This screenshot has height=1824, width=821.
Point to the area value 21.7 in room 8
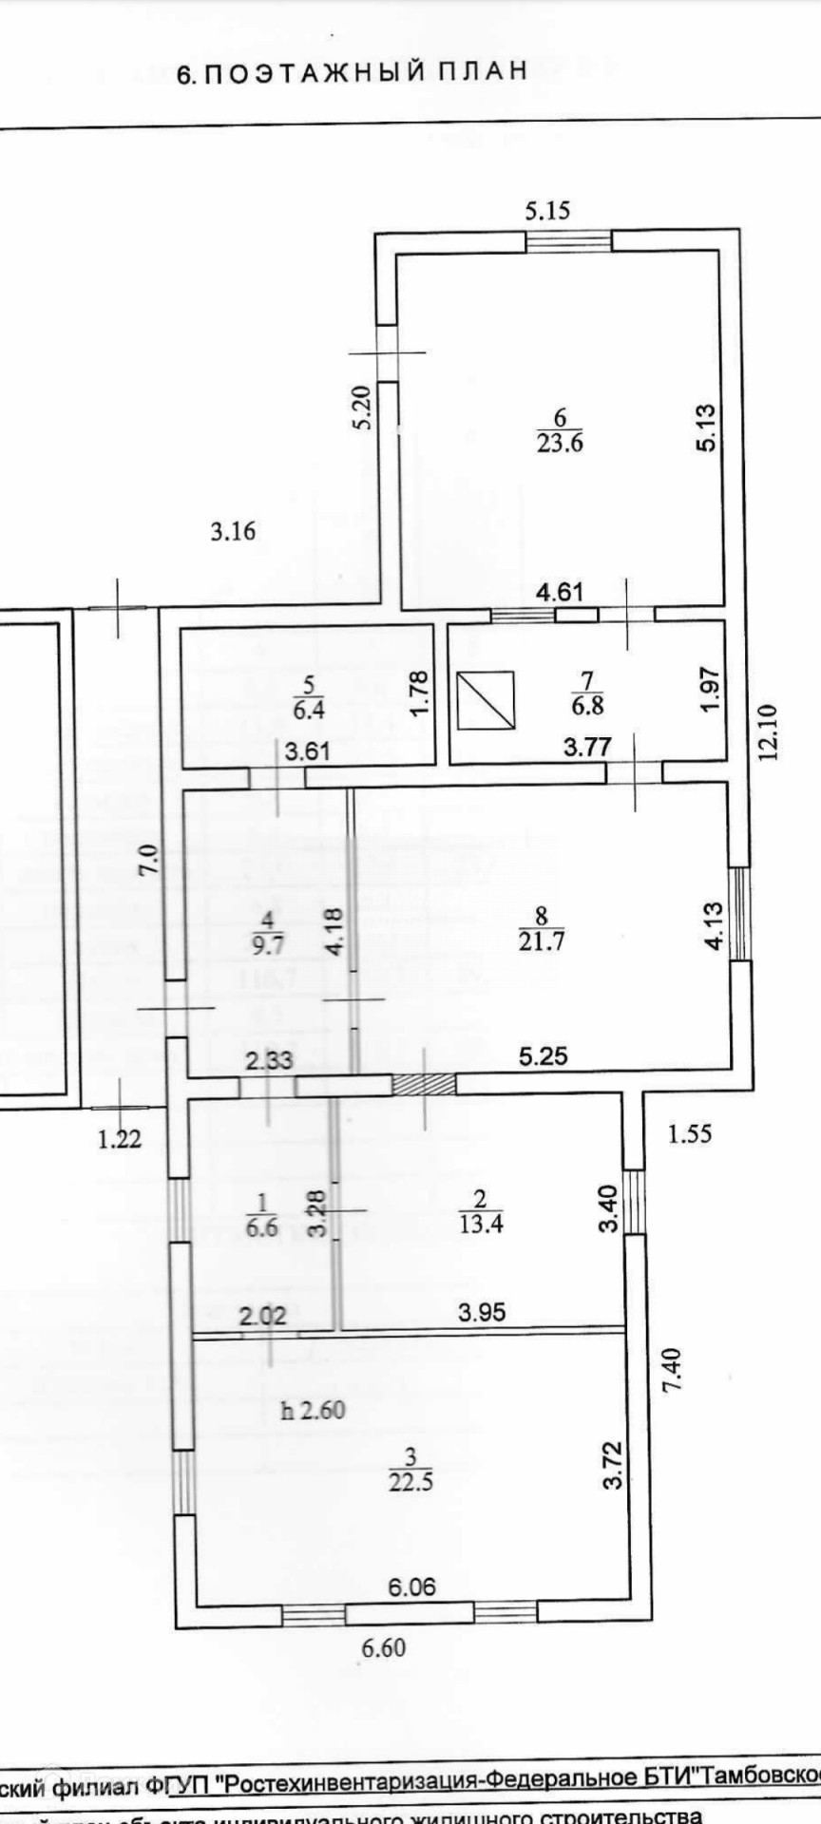click(541, 940)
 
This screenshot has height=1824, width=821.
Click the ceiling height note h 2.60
click(313, 1410)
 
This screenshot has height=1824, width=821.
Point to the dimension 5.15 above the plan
click(548, 210)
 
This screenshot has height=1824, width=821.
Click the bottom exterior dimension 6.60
click(383, 1646)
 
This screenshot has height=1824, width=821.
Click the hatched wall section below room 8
click(424, 1084)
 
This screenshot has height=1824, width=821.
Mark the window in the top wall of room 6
click(569, 240)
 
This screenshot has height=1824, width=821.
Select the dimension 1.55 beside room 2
click(689, 1132)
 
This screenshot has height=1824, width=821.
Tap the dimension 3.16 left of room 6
click(233, 531)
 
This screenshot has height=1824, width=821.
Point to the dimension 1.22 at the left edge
click(120, 1138)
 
